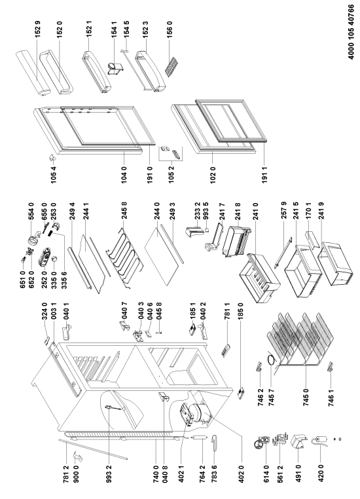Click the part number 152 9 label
pos(38,29)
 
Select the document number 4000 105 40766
pos(350,31)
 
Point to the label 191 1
pos(264,174)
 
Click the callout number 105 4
pos(54,174)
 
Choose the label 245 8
pos(124,211)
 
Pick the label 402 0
pos(242,475)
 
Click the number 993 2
pos(109,475)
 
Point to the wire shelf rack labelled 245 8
pos(124,257)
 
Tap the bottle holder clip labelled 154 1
pos(115,69)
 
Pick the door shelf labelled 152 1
pos(96,71)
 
